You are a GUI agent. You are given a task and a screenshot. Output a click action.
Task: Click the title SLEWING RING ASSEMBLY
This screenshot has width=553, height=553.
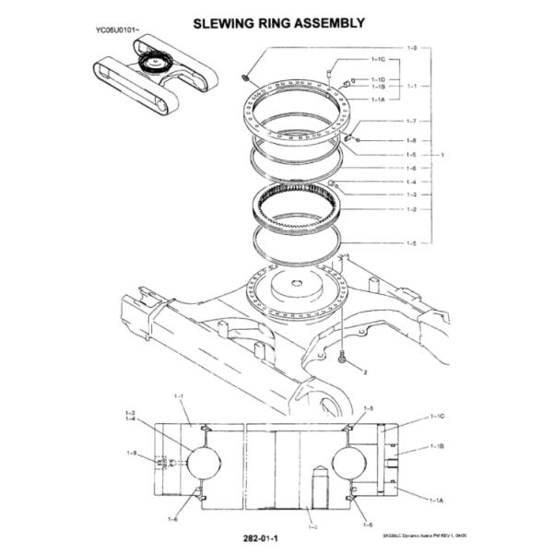[x=276, y=21]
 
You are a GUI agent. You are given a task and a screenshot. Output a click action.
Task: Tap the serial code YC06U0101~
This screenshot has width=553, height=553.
[x=117, y=31]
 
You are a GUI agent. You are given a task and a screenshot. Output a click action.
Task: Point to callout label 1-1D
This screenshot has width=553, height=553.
[x=378, y=79]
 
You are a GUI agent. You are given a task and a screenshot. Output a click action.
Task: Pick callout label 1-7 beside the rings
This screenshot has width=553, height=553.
[x=412, y=121]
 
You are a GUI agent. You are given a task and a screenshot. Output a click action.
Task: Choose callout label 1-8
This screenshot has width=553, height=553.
[x=412, y=140]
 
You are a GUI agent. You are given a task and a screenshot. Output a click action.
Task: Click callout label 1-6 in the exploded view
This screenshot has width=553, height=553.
[x=412, y=169]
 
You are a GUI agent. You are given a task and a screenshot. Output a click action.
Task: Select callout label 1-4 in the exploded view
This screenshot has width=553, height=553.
[x=412, y=182]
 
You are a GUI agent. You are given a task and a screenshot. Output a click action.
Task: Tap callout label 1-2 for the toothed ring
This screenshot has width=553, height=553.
[x=412, y=210]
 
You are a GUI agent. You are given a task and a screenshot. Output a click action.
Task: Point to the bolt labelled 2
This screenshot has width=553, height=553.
[x=344, y=359]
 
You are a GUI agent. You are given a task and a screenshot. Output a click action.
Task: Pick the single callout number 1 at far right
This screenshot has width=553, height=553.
[x=442, y=155]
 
